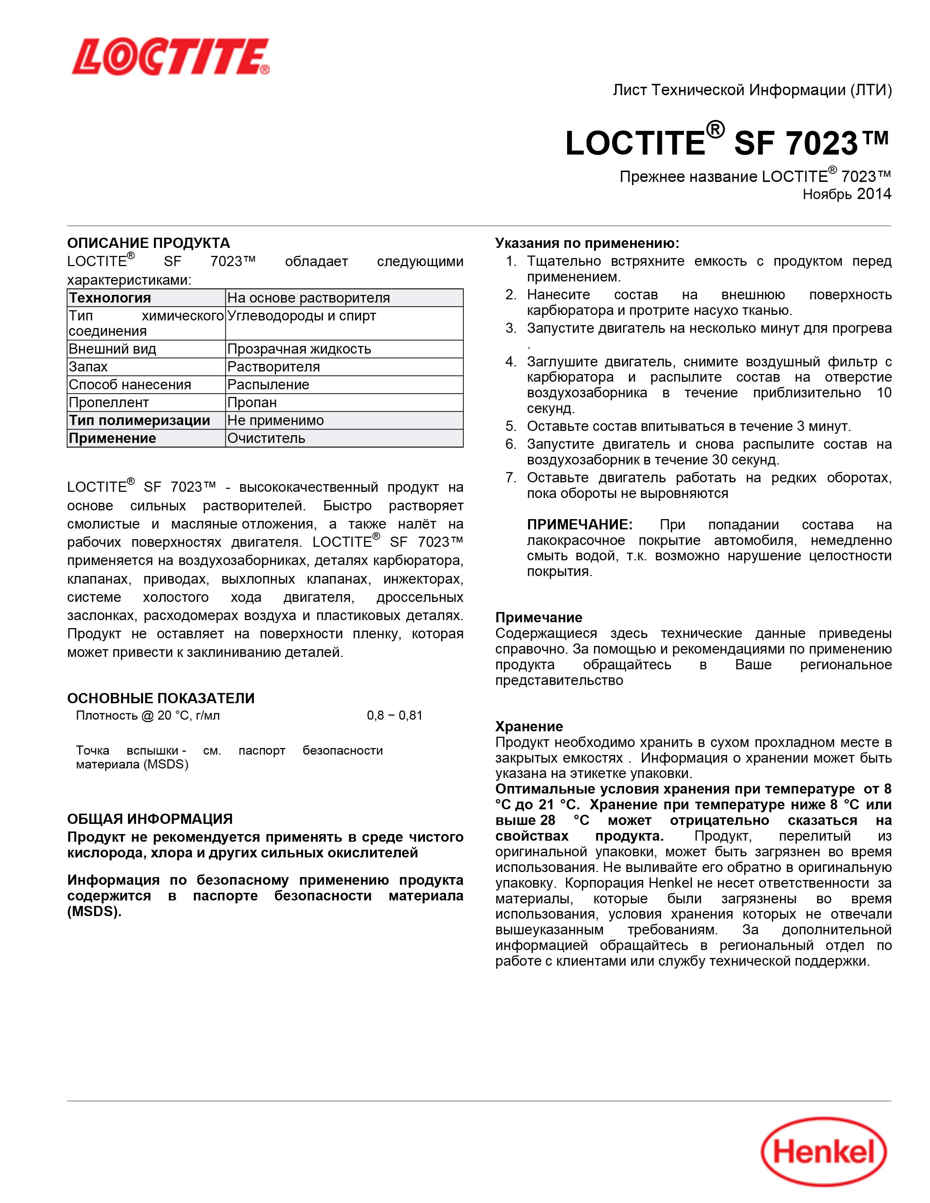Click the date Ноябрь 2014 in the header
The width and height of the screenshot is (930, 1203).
click(x=846, y=194)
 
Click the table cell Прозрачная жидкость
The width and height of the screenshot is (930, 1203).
click(x=299, y=349)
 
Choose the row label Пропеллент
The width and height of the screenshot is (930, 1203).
click(x=109, y=403)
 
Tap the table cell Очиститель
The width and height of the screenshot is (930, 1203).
click(x=266, y=439)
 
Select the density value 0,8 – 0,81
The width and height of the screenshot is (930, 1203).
click(x=395, y=716)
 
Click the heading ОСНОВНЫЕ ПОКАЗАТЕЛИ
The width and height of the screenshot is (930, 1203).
click(x=161, y=698)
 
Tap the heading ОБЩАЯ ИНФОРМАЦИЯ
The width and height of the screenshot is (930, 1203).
click(x=150, y=819)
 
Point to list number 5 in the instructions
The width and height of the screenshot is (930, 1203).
click(x=511, y=427)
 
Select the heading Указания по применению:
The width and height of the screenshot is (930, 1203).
click(x=587, y=243)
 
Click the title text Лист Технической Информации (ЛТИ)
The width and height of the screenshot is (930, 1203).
click(x=752, y=90)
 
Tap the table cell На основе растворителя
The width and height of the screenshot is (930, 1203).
click(x=309, y=298)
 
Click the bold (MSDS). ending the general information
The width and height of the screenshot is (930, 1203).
click(x=94, y=912)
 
